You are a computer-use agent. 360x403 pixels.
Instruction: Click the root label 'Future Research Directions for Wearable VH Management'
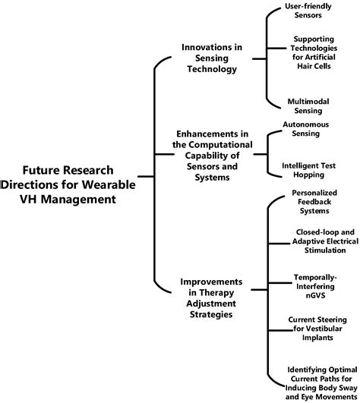coord(69,184)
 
